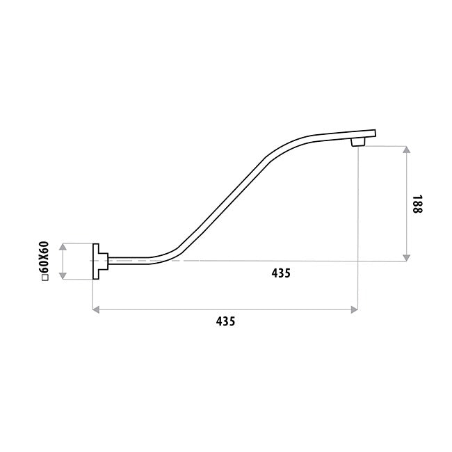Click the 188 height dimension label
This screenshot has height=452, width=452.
[x=417, y=204]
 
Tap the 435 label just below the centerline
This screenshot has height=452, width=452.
[x=281, y=273]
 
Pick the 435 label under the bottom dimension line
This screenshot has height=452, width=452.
[x=225, y=321]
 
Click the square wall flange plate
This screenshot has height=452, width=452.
[x=96, y=261]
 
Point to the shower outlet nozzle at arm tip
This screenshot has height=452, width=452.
[x=358, y=142]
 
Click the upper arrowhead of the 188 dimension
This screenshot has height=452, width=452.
[x=407, y=150]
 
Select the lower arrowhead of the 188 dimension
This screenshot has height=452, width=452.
[x=407, y=258]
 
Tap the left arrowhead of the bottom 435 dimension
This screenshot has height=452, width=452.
[x=96, y=310]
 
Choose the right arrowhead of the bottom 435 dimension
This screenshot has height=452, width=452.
[x=354, y=310]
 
